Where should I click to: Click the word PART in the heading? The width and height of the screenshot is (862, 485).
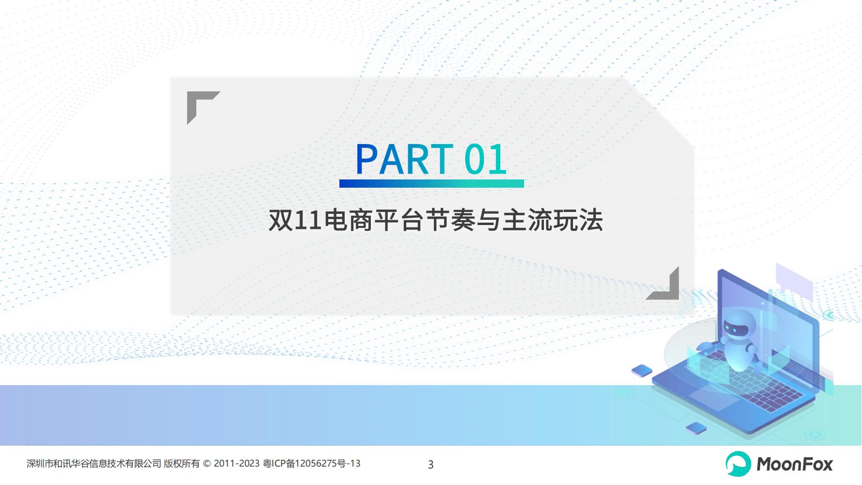(404, 159)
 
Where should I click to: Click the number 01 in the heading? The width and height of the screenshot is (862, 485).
(486, 160)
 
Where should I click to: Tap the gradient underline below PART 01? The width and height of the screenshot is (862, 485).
(431, 183)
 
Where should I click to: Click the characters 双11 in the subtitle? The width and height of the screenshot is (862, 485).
(296, 221)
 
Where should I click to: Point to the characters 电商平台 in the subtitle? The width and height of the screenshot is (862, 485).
(374, 221)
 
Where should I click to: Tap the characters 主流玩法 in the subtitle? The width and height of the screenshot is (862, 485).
(553, 221)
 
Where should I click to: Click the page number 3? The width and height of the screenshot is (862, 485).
(431, 465)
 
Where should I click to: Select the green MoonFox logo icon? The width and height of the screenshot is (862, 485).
(738, 464)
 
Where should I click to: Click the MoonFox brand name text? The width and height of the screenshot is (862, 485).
(795, 464)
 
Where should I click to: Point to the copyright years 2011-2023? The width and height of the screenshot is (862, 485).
(237, 464)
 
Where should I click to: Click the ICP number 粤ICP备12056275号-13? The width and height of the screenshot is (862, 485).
(312, 464)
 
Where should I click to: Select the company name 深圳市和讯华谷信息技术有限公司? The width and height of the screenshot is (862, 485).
(94, 464)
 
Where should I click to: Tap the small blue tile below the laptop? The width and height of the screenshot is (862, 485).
(696, 428)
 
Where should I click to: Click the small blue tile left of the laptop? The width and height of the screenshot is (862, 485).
(642, 371)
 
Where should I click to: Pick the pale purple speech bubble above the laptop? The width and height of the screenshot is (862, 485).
(794, 281)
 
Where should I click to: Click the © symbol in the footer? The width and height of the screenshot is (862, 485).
(207, 464)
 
